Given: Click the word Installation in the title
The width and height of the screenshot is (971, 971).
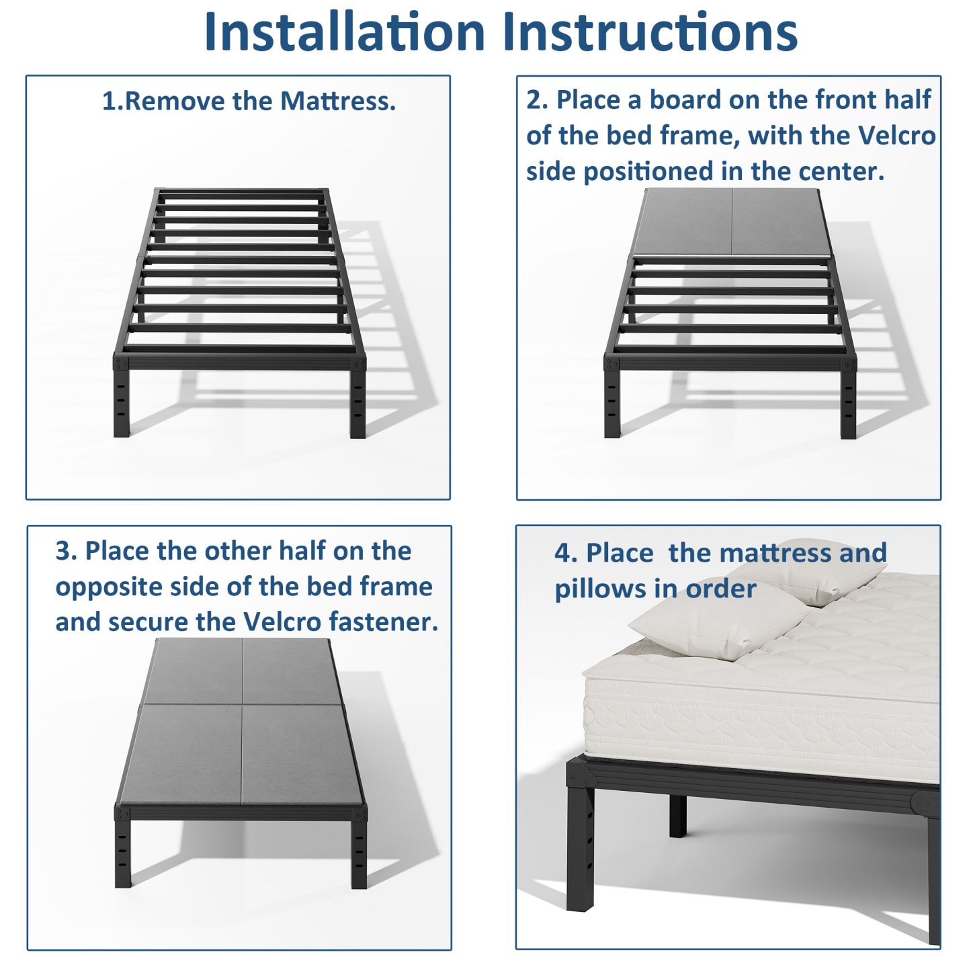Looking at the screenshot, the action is pyautogui.click(x=344, y=32).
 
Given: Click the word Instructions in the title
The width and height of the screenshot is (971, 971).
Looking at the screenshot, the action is pyautogui.click(x=650, y=32).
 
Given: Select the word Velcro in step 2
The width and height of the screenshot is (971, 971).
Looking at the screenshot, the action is pyautogui.click(x=896, y=135).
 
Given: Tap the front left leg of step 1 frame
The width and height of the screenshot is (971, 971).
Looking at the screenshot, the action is pyautogui.click(x=122, y=397).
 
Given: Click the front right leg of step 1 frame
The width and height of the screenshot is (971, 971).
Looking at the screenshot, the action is pyautogui.click(x=357, y=398).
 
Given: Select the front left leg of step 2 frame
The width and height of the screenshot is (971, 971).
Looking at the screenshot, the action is pyautogui.click(x=612, y=397).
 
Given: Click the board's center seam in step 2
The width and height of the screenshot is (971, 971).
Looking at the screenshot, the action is pyautogui.click(x=732, y=222).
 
